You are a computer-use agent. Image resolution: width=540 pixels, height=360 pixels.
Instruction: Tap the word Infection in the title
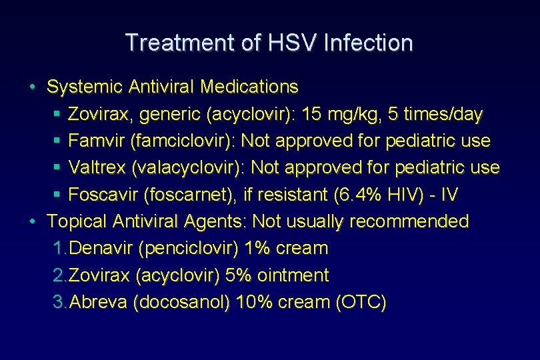(368, 43)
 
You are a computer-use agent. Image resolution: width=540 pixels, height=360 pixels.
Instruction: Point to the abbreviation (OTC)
(361, 303)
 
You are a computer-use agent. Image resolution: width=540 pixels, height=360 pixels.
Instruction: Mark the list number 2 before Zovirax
(58, 275)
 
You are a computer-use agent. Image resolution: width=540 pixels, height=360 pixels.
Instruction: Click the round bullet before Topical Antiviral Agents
(33, 221)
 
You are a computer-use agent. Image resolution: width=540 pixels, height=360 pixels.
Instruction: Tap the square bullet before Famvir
(57, 141)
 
